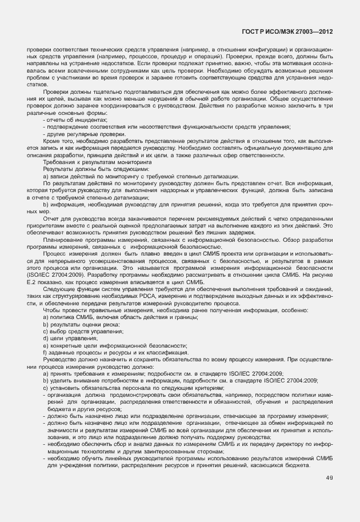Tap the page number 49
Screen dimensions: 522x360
(329, 478)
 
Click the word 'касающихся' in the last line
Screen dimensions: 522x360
(273, 465)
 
